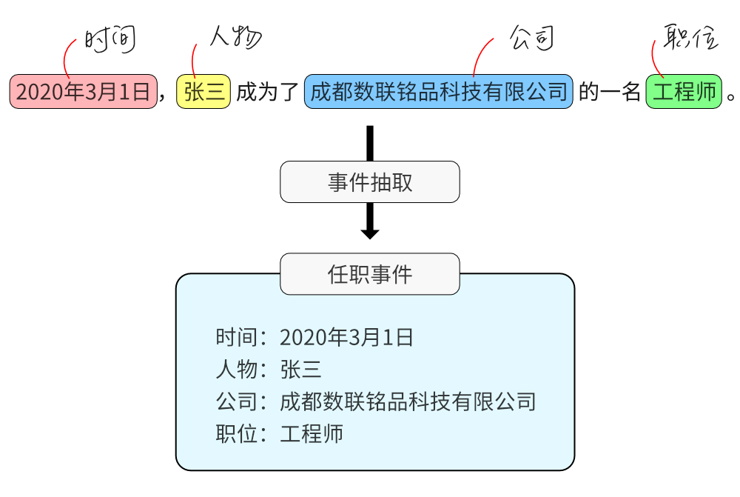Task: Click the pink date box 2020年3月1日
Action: coord(84,92)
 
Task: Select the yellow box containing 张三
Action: coord(203,92)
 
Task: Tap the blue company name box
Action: coord(439,92)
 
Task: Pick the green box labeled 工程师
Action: coord(683,92)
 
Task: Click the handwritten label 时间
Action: coord(110,40)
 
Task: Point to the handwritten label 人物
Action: coord(235,37)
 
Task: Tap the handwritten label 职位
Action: coord(690,37)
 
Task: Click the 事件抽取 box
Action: coord(370,182)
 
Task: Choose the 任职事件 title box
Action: coord(370,274)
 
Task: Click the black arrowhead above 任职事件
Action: coord(370,233)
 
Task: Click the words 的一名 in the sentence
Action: coord(609,92)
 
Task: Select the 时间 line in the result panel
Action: coord(314,338)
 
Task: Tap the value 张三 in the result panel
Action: coord(300,370)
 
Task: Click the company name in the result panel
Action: coord(408,401)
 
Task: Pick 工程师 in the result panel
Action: coord(312,433)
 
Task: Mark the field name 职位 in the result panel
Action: coord(231,433)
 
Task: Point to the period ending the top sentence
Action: coord(731,97)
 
